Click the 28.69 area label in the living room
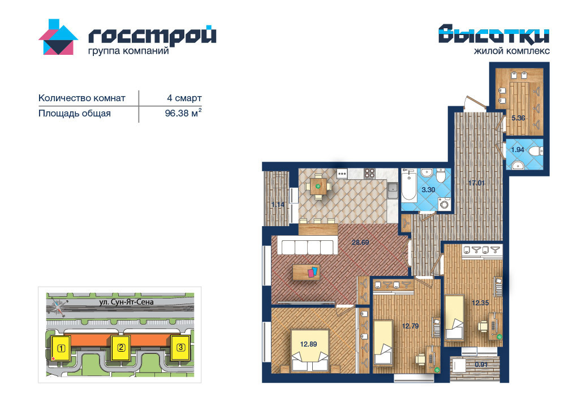[x=360, y=243]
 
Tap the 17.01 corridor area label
[x=476, y=183]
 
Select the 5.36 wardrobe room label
[x=518, y=118]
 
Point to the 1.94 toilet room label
[x=518, y=149]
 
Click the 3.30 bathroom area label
[x=428, y=190]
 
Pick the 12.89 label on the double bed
[x=308, y=344]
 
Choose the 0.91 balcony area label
[x=481, y=364]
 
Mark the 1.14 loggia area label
[x=278, y=205]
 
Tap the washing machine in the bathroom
[x=444, y=203]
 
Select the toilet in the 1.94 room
[x=536, y=150]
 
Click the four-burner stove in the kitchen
[x=369, y=174]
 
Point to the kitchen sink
[x=393, y=191]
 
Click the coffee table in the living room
[x=306, y=272]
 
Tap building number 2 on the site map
[x=121, y=348]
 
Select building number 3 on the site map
[x=181, y=347]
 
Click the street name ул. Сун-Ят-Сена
[x=126, y=302]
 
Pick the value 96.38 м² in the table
[x=183, y=113]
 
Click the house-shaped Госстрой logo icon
[x=58, y=37]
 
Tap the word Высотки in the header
[x=494, y=34]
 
